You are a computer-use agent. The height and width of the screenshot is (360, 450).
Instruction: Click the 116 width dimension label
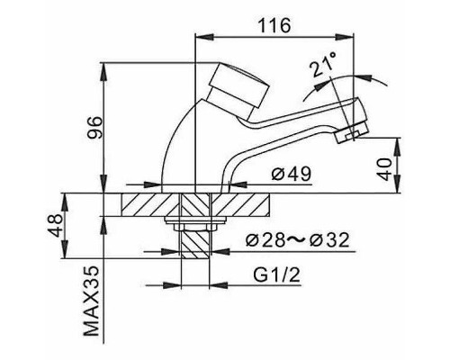[274, 25]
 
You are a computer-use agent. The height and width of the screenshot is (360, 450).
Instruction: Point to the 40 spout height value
[383, 169]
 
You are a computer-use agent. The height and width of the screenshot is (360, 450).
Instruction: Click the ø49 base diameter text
[291, 174]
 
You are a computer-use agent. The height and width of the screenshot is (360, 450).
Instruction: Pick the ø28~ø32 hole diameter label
[298, 239]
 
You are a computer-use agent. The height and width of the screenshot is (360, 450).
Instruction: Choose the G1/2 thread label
[276, 274]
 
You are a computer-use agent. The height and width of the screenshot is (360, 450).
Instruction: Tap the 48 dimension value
[57, 226]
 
